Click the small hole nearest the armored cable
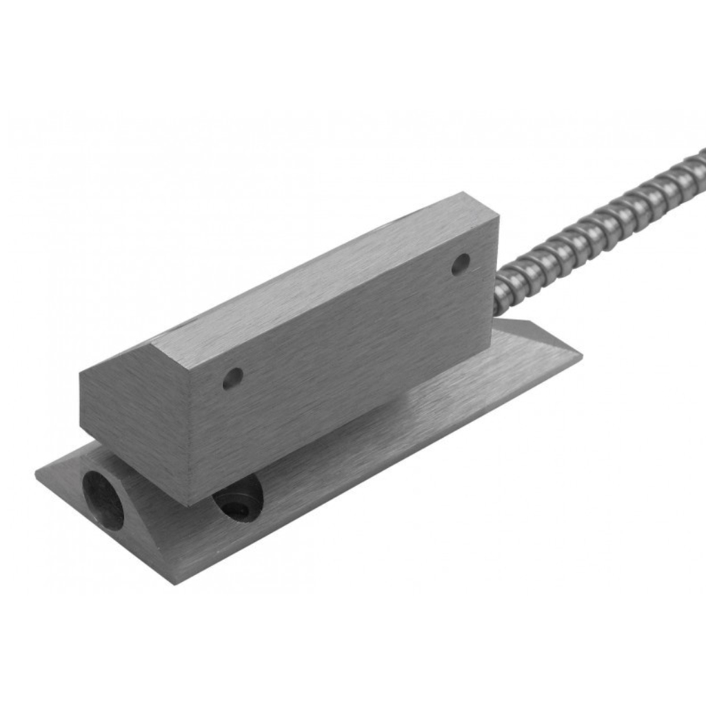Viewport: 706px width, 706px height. point(461,263)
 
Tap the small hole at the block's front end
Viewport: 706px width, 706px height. point(233,377)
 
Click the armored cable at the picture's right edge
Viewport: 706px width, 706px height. point(698,163)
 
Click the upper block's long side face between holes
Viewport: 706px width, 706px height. point(345,345)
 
